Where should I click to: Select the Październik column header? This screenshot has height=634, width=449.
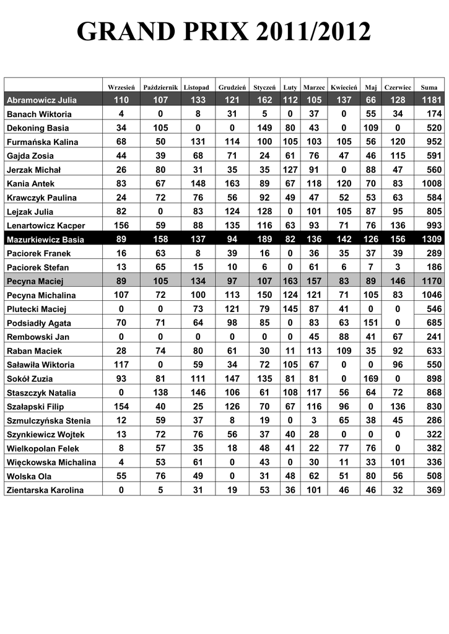coord(161,87)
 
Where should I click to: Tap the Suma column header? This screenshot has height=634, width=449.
coord(429,87)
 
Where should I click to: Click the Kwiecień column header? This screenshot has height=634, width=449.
coord(344,87)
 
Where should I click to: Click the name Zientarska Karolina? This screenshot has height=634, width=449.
coord(45,490)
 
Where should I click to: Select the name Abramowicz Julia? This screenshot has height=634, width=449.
coord(41,100)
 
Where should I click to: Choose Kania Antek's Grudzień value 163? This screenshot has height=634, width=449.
coord(232,183)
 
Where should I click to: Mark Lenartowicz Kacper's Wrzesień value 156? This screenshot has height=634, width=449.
coord(121,225)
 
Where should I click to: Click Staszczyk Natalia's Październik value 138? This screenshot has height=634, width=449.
coord(161,393)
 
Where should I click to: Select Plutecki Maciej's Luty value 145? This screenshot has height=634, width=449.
coord(290,309)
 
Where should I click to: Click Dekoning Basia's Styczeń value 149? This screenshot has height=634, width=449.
coord(264,128)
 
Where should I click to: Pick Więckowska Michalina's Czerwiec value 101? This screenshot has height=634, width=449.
coord(398,462)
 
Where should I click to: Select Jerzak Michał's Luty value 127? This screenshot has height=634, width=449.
coord(290,170)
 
